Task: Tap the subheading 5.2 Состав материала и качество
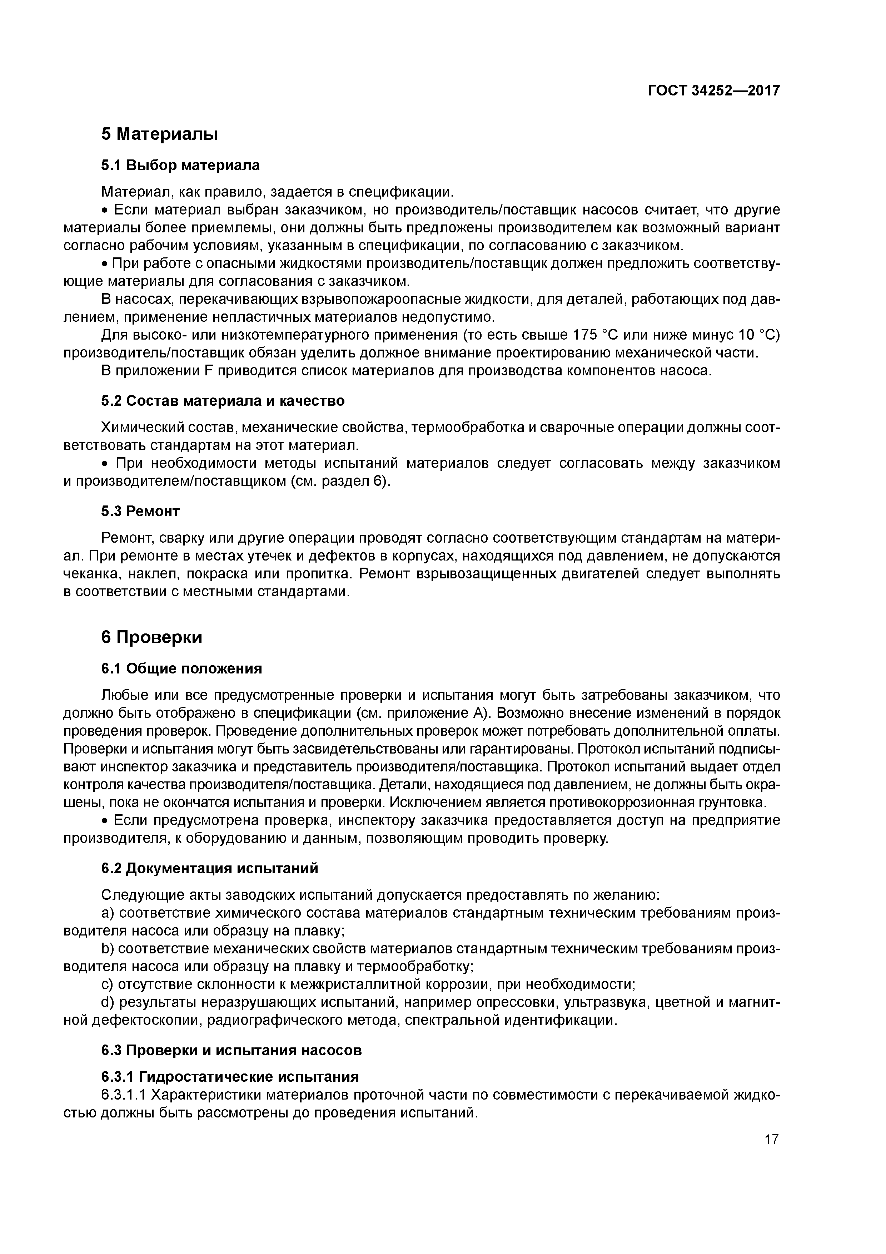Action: click(x=223, y=401)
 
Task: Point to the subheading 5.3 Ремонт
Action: click(x=140, y=511)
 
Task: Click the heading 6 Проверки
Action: click(x=152, y=637)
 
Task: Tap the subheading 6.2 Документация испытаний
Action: click(x=210, y=868)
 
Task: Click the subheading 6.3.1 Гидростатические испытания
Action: click(x=230, y=1076)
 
